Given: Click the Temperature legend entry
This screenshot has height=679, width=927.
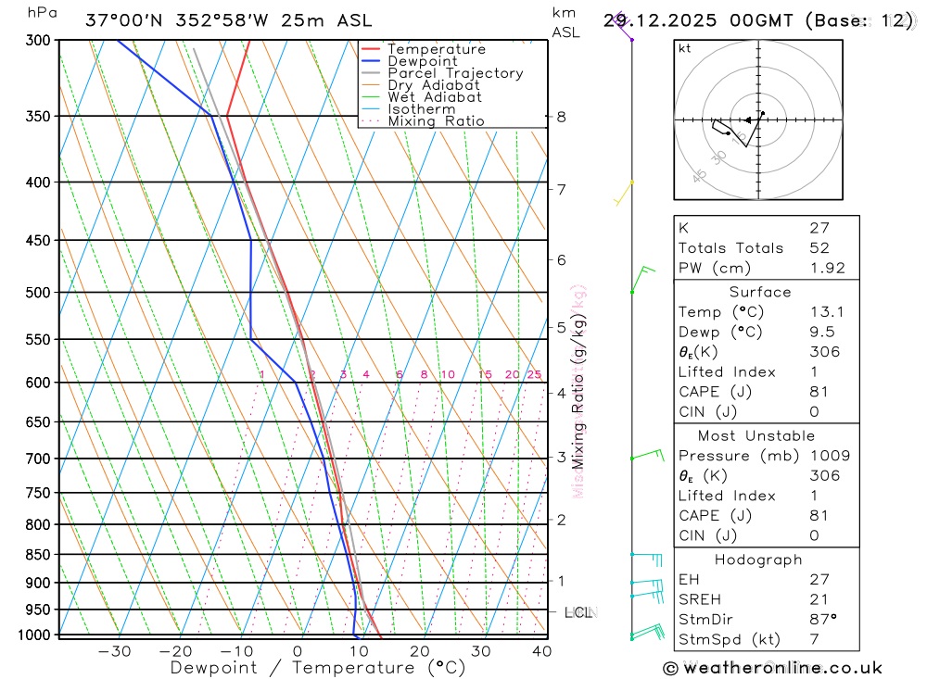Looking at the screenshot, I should (436, 49).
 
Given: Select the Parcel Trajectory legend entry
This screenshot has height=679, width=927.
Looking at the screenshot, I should (455, 73).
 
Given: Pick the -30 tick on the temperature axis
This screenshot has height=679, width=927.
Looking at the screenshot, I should (114, 651).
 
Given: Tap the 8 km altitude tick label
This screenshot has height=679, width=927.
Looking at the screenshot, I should (562, 117).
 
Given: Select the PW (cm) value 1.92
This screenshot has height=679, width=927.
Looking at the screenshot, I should (827, 269).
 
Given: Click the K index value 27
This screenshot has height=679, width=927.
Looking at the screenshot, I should (819, 228).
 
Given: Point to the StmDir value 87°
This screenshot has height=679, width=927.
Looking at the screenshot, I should (822, 620).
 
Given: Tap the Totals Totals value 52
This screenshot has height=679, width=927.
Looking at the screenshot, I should (819, 248).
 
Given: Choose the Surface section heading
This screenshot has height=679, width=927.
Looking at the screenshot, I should (760, 292).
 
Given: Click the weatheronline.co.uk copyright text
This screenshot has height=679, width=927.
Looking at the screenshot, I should (772, 668).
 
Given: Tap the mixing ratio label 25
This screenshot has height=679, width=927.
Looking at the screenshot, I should (534, 374).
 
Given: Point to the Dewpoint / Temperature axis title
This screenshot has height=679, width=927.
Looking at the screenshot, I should (317, 668).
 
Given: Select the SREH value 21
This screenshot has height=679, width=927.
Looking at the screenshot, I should (819, 599).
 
